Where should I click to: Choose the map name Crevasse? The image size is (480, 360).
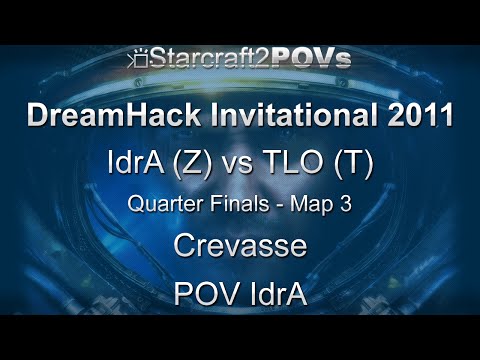pos(240,246)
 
